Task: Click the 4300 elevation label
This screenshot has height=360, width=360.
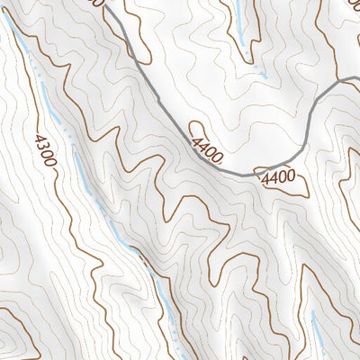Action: click(43, 151)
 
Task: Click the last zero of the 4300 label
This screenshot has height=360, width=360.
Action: click(49, 166)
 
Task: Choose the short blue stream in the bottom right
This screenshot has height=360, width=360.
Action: click(316, 333)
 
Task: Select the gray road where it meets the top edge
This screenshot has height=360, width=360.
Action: click(107, 3)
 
